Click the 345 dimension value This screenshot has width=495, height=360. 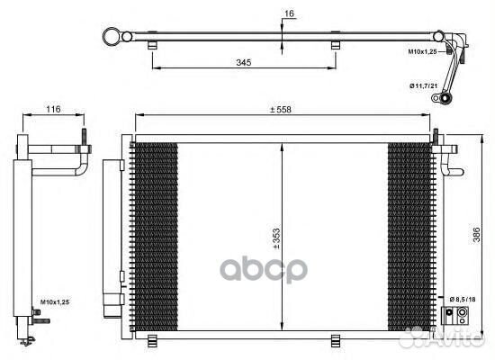244,62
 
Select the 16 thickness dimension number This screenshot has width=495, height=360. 289,13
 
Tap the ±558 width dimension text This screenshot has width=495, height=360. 280,110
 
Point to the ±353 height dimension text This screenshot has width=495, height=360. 276,238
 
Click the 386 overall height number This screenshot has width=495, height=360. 476,234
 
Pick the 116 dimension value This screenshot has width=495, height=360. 53,109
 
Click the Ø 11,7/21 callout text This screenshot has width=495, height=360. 423,85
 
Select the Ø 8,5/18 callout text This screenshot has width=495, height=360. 463,299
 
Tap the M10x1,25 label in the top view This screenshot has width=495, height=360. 422,51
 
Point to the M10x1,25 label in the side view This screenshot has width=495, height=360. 55,302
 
